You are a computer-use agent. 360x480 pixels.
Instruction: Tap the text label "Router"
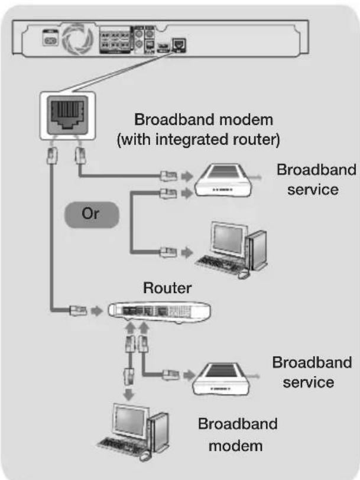pyautogui.click(x=167, y=288)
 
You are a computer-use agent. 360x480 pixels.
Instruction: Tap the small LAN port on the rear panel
pyautogui.click(x=179, y=43)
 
